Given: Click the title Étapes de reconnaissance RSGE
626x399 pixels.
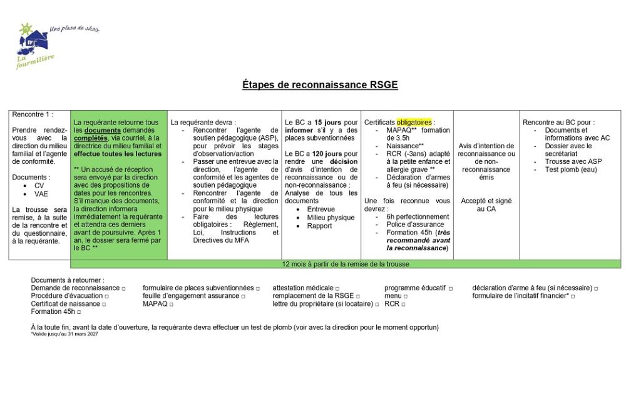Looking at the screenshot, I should (320, 85).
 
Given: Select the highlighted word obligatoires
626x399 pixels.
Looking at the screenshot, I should (414, 123).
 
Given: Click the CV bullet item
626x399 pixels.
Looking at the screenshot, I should (39, 186).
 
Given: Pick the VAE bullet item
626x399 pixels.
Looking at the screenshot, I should (41, 194).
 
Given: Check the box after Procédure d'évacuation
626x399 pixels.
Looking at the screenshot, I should (107, 296).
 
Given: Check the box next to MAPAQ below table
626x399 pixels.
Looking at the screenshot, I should (171, 304).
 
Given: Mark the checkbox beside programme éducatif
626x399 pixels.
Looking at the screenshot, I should (451, 288).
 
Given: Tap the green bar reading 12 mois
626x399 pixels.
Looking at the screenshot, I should (346, 264).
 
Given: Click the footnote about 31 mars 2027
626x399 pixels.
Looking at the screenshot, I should (64, 334).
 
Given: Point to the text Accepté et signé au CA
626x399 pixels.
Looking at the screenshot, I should (486, 205).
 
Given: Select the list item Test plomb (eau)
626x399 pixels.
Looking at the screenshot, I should (571, 169).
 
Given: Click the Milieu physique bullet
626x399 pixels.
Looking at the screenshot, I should (331, 218).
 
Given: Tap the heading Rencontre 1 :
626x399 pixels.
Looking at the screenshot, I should (33, 114).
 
